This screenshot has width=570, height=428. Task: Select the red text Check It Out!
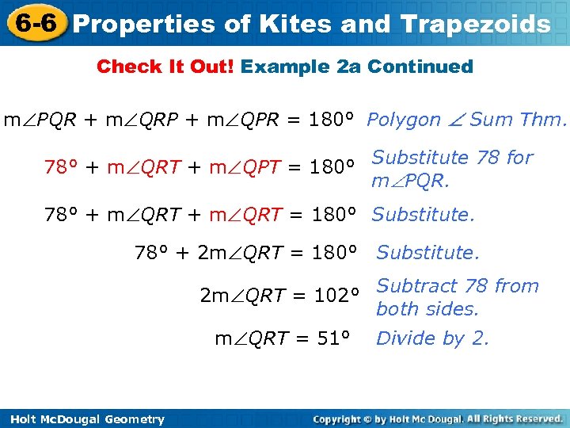(165, 67)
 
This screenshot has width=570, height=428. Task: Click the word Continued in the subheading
(420, 67)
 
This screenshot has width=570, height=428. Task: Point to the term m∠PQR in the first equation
(40, 120)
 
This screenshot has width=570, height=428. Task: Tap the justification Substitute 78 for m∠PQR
(452, 169)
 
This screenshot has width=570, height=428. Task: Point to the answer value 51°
(333, 339)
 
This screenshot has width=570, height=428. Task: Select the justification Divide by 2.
(432, 339)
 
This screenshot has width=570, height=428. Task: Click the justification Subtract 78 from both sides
(457, 297)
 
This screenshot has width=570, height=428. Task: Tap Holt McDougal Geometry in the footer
(83, 419)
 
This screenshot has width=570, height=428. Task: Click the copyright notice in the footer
(438, 418)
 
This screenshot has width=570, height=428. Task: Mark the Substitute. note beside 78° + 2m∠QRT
(427, 253)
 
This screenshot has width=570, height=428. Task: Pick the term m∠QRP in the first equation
(141, 120)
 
